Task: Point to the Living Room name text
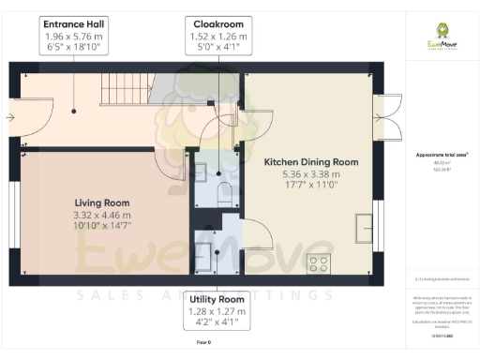point(102,202)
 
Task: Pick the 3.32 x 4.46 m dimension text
point(102,215)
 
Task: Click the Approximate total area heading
point(441,154)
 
